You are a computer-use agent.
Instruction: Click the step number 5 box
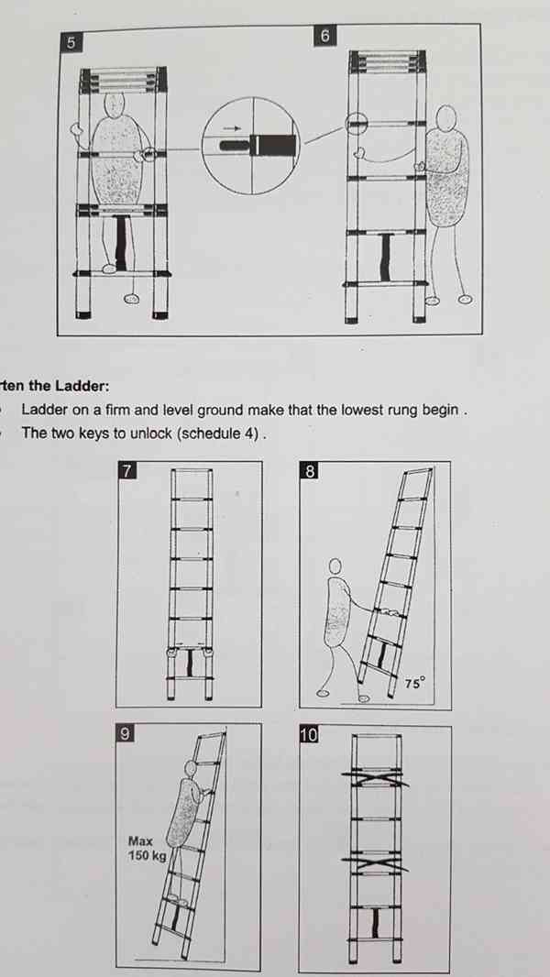[x=71, y=42]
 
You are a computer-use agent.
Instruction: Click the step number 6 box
[x=324, y=36]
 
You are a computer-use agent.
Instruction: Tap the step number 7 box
[x=126, y=470]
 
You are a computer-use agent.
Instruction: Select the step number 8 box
[x=310, y=471]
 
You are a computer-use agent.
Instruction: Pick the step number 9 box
[x=126, y=733]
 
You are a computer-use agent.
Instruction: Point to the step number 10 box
[x=310, y=735]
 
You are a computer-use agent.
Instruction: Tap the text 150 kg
[x=147, y=856]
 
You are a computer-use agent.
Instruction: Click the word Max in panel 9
[x=141, y=840]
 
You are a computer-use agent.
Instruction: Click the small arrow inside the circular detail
[x=232, y=128]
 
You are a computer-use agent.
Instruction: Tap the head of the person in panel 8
[x=335, y=565]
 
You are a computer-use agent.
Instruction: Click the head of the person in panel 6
[x=445, y=117]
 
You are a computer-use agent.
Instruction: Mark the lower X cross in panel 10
[x=375, y=864]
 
